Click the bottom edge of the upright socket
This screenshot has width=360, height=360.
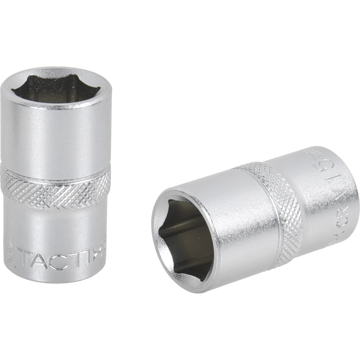pyautogui.click(x=56, y=282)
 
